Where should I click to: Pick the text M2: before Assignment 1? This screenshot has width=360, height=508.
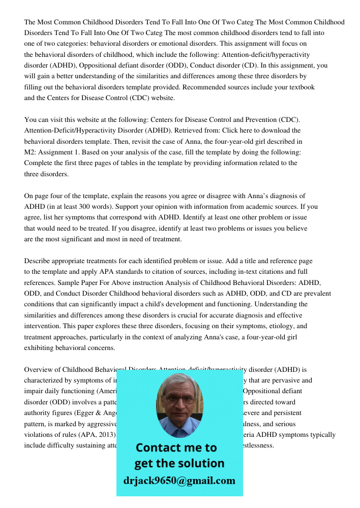[x=32, y=152]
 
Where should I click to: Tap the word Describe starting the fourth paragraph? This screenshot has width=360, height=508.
[x=39, y=261]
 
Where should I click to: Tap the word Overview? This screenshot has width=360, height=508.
[x=39, y=370]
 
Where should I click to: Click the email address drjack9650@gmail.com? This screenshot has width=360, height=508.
[x=179, y=481]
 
